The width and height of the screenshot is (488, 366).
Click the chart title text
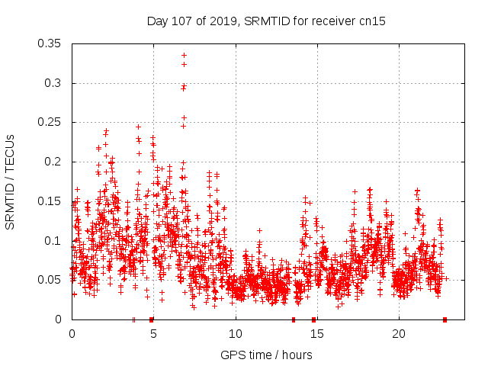click(265, 21)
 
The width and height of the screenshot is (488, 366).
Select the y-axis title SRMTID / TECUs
click(10, 181)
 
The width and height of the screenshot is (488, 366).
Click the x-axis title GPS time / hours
click(266, 355)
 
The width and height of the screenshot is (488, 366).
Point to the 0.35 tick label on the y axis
click(50, 43)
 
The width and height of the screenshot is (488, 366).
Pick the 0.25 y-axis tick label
click(50, 122)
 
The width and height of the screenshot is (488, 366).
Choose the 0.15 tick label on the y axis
click(50, 201)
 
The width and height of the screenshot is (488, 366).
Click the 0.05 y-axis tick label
click(50, 280)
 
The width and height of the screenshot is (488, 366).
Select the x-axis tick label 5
click(153, 334)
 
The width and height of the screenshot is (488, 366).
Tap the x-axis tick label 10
click(235, 334)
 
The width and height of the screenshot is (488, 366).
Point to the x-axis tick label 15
click(317, 334)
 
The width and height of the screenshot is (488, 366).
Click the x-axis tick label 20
click(399, 334)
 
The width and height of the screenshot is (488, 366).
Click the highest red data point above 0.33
click(184, 55)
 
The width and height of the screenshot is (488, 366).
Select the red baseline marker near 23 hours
click(445, 319)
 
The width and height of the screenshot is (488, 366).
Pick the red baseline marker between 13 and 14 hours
click(294, 319)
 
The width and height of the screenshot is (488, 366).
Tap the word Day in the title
click(157, 21)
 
